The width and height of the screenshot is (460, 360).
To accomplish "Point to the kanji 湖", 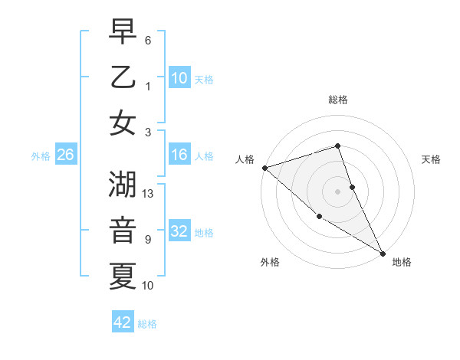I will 123,184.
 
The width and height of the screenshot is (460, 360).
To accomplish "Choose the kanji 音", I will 123,229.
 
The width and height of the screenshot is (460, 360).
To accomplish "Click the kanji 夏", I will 123,275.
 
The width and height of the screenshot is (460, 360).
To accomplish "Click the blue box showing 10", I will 179,78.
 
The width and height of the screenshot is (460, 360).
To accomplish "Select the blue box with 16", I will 179,155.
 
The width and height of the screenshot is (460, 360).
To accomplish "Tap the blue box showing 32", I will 179,232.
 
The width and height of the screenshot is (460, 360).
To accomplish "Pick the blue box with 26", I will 65,155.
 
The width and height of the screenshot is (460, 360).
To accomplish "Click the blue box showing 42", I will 123,322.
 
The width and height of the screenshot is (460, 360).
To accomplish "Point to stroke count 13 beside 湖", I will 149,194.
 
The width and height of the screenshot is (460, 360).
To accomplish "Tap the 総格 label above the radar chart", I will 338,100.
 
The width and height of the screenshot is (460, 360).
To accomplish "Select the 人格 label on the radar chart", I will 245,159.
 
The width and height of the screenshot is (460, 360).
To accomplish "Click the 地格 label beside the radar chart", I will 402,262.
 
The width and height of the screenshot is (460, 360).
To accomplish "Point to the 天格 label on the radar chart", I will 431,159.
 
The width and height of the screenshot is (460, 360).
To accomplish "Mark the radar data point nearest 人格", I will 264,168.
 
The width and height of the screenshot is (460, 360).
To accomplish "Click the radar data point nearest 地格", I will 383,253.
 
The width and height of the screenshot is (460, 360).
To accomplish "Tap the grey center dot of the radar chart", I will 338,191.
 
